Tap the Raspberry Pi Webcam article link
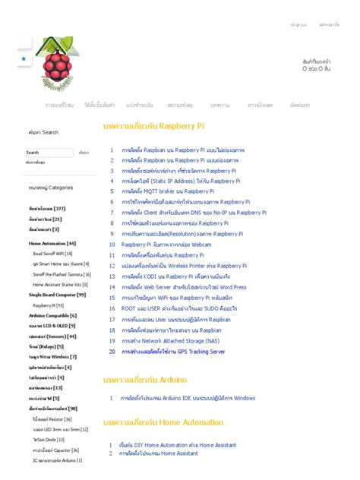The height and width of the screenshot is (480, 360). pyautogui.click(x=166, y=245)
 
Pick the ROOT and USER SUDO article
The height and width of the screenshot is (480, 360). pyautogui.click(x=179, y=309)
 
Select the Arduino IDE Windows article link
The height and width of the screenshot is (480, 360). pyautogui.click(x=188, y=398)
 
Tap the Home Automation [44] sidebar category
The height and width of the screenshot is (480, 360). pyautogui.click(x=52, y=243)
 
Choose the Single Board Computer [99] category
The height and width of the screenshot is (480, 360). pyautogui.click(x=57, y=295)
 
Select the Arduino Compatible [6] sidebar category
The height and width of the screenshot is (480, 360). pyautogui.click(x=52, y=315)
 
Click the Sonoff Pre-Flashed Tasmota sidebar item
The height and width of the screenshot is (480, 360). pyautogui.click(x=62, y=274)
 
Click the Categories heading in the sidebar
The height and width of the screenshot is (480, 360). pyautogui.click(x=51, y=187)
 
